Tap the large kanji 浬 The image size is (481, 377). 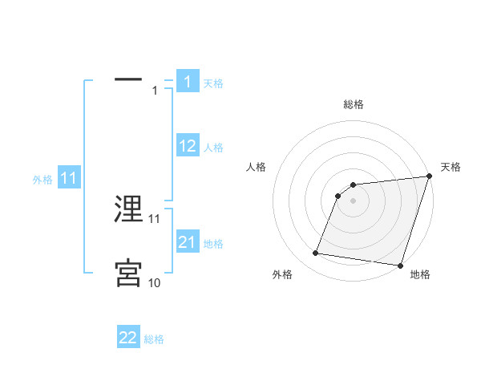point(128,209)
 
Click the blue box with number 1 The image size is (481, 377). point(187,81)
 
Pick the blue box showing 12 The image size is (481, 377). point(187,146)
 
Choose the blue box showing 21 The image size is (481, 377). point(187,242)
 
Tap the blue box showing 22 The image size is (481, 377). point(128,338)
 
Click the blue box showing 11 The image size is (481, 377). point(69,179)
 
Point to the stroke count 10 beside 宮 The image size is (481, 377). point(155,282)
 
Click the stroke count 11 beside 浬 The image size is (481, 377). point(155,218)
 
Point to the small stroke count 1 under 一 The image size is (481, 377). point(155,91)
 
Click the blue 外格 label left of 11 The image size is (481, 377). point(42,180)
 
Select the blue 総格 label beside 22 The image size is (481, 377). point(154,339)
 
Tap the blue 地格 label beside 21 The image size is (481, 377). point(213,244)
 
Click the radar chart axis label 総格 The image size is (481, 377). point(354,104)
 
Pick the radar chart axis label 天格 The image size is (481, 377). point(451,167)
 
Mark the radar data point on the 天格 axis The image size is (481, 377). point(429,177)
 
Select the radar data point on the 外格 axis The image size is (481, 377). point(316,253)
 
